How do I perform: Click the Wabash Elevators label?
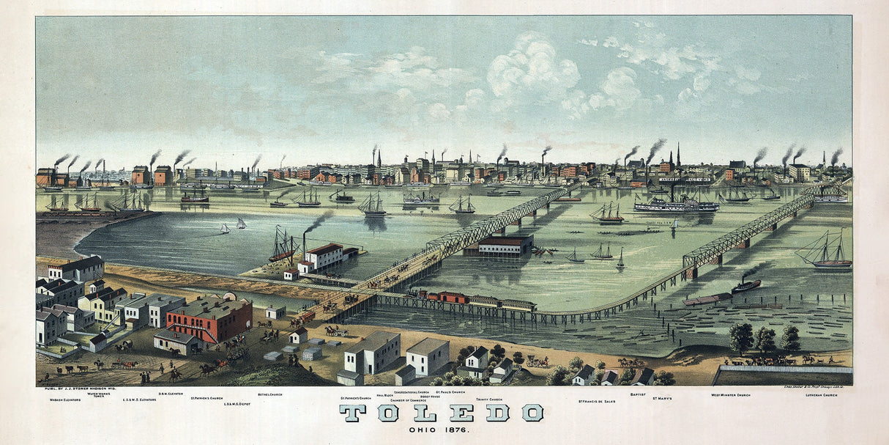(64, 400)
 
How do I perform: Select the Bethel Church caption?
(269, 394)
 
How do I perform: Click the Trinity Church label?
(488, 400)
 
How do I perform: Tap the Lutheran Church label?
(821, 395)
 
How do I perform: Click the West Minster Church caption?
(730, 395)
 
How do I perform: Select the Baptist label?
(637, 394)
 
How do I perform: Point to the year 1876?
(460, 429)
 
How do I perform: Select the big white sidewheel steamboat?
(676, 204)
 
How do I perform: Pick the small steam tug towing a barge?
(746, 285)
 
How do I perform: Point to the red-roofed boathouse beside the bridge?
(505, 244)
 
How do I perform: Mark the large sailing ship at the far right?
(826, 252)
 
